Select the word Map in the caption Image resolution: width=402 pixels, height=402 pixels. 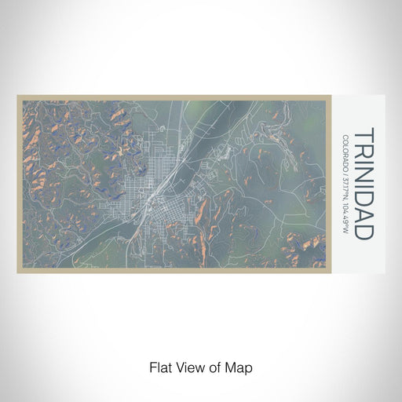[x=239, y=367]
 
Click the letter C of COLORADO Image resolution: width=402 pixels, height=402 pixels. [x=345, y=139]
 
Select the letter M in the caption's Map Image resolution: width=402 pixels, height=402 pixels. [x=231, y=367]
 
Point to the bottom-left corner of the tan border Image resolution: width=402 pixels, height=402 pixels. [x=18, y=272]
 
